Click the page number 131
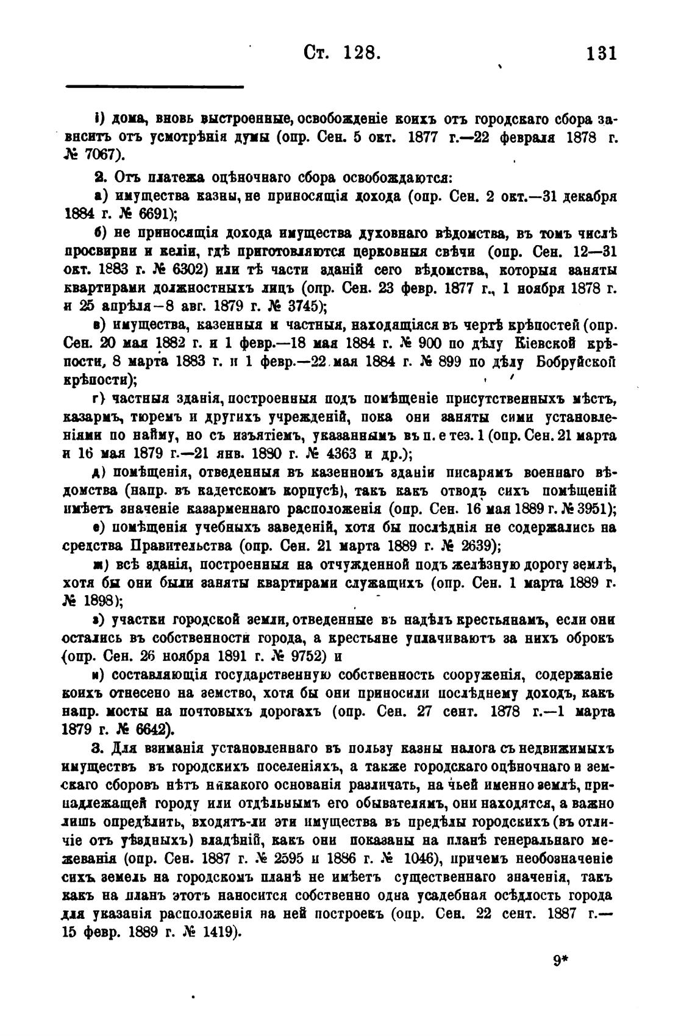coord(601,53)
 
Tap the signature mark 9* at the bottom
coord(560,961)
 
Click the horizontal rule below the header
coord(154,87)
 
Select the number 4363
coord(307,455)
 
